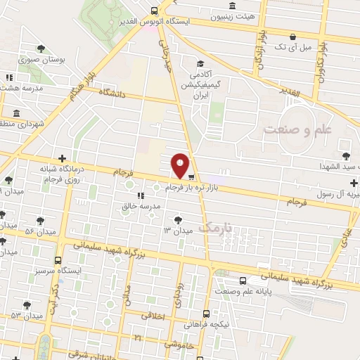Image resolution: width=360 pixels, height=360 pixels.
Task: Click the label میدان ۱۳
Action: click(178, 231)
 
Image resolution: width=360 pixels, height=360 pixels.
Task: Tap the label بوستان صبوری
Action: click(43, 60)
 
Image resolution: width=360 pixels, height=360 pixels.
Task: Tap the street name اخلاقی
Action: click(153, 316)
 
